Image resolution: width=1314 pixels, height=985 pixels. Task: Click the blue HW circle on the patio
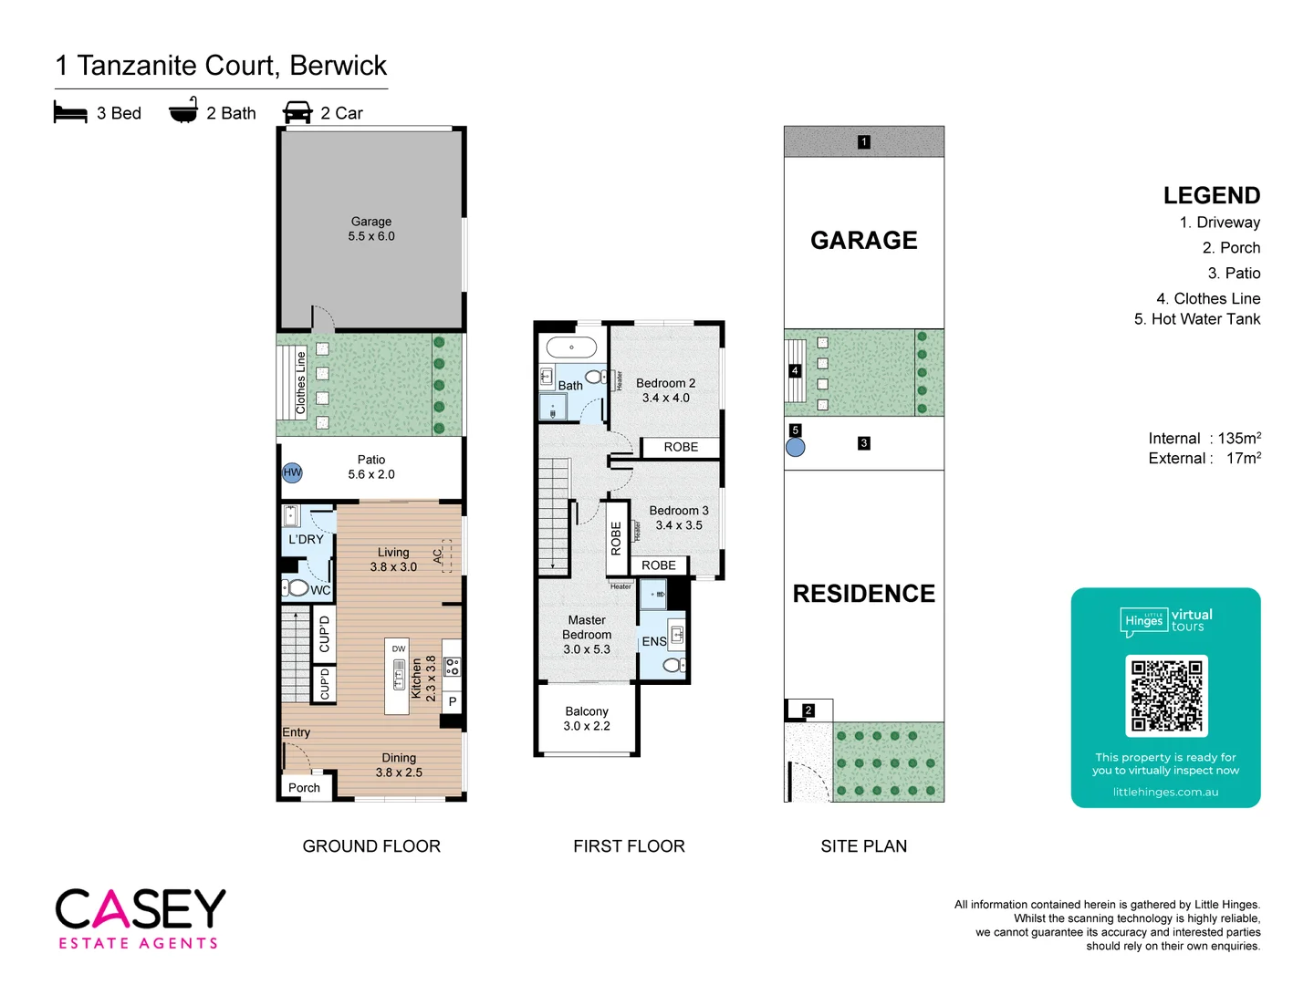(292, 472)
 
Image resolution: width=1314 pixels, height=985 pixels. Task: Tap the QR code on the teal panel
(1166, 696)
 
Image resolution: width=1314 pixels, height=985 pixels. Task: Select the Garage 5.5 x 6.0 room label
(371, 229)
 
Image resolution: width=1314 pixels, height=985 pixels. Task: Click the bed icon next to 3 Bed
(70, 113)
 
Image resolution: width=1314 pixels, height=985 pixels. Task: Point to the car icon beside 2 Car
(297, 113)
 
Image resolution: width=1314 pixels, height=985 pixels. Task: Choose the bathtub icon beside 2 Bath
(183, 111)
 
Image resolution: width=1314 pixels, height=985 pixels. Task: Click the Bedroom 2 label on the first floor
(665, 390)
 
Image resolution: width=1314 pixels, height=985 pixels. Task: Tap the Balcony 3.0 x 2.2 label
(587, 719)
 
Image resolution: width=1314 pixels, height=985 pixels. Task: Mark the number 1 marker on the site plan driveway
(863, 142)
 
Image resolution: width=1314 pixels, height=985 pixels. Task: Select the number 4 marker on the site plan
(795, 371)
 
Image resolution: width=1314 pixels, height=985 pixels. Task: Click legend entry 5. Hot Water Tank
(1197, 319)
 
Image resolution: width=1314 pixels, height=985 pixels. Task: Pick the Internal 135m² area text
(1204, 439)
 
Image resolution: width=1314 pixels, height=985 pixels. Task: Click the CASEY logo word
(141, 909)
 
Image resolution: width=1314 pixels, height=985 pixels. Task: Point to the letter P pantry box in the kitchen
(453, 702)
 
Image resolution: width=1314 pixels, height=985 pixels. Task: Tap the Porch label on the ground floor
(304, 788)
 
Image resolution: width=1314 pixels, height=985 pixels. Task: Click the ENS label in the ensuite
(654, 642)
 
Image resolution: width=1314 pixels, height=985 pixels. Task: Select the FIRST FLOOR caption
(629, 846)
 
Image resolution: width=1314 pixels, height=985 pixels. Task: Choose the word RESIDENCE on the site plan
(863, 594)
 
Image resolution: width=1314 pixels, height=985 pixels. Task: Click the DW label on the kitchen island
(399, 649)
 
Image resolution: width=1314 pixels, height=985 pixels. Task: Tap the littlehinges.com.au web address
(1165, 793)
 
